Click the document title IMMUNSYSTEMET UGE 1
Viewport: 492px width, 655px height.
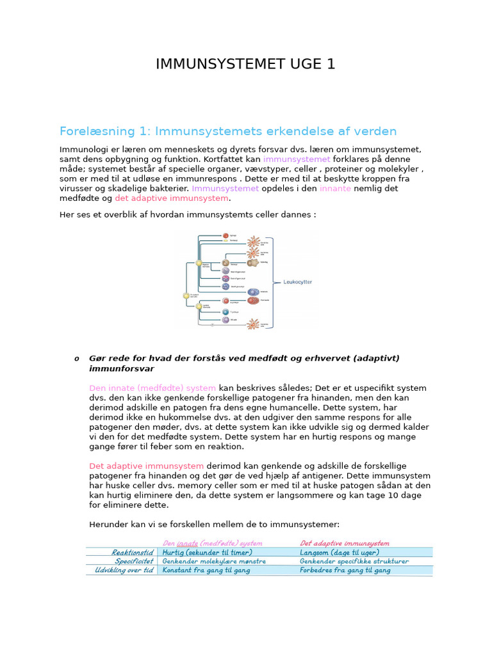click(x=245, y=64)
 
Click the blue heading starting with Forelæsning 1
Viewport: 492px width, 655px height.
click(x=228, y=131)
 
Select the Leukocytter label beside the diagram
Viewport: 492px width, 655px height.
click(x=297, y=281)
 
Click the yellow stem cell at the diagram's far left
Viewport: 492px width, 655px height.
click(x=186, y=296)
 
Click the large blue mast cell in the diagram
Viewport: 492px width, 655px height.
click(x=253, y=292)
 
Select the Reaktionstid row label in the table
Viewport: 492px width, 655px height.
click(x=132, y=552)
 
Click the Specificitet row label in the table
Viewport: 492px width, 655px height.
click(x=134, y=561)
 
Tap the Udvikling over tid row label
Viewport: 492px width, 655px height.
click(x=124, y=570)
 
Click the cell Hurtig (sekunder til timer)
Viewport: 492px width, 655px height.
click(x=207, y=552)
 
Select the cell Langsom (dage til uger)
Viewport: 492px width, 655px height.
click(x=340, y=552)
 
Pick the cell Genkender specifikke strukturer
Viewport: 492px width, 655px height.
click(x=354, y=561)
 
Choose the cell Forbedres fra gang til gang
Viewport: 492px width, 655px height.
click(x=345, y=570)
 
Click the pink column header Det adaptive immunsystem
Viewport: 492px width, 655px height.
click(x=344, y=543)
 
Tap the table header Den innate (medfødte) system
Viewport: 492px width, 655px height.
click(x=212, y=543)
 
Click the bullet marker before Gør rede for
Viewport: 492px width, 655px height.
click(x=77, y=358)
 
